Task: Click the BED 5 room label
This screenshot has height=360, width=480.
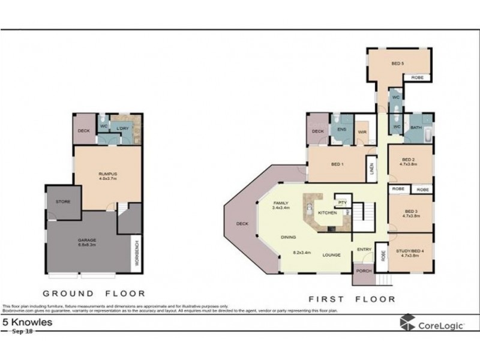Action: (397, 63)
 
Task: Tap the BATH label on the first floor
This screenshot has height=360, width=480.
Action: (416, 128)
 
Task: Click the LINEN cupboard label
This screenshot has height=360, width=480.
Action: (372, 169)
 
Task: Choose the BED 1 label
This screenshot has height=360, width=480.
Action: (337, 164)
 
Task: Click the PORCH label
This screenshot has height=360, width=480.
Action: (362, 271)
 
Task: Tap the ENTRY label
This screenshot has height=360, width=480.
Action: (364, 249)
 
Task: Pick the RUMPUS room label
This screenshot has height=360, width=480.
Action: (107, 175)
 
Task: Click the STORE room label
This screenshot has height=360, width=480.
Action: (63, 202)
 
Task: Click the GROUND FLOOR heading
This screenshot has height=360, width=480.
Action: (94, 293)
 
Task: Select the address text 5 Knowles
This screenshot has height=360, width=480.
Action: (28, 322)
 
